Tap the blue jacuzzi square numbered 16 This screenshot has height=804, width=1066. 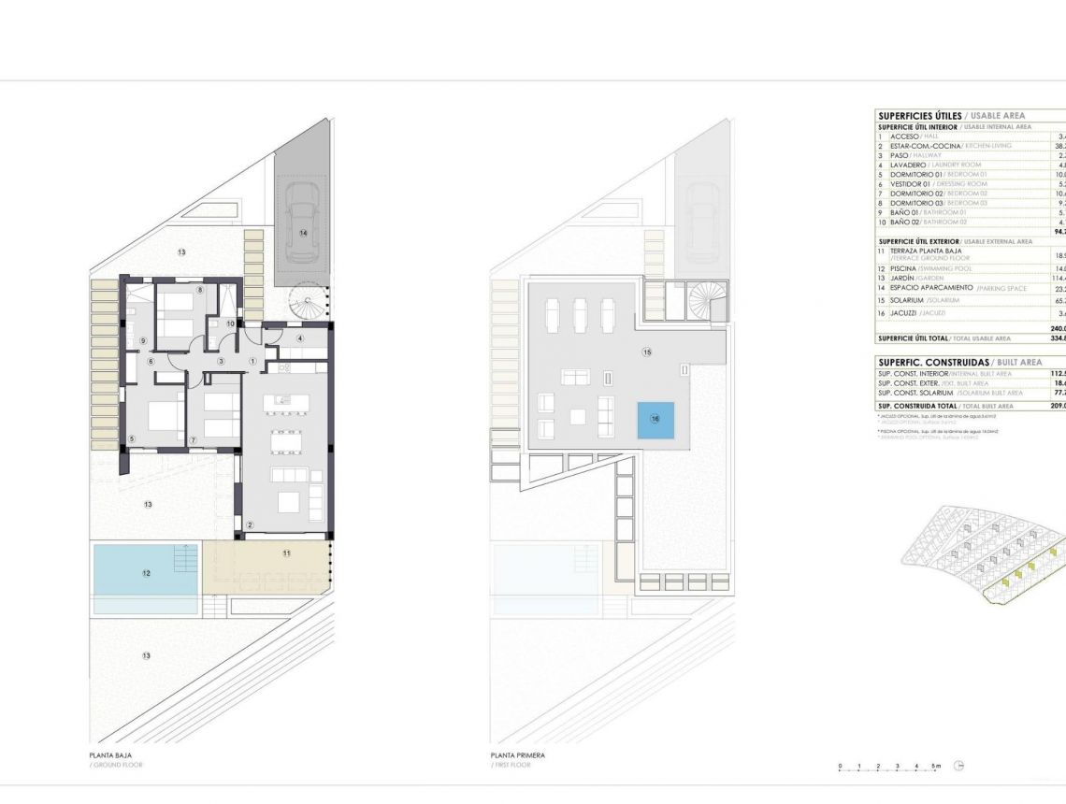tap(655, 419)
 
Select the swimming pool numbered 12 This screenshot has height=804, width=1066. tap(145, 573)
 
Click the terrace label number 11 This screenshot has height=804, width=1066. tap(286, 553)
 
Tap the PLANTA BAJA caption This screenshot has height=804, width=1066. tap(110, 755)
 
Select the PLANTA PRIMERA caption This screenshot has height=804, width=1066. tap(517, 755)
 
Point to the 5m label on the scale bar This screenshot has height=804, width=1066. tap(937, 766)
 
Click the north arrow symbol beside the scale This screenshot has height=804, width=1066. tap(959, 766)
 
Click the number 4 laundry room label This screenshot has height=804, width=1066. tap(300, 337)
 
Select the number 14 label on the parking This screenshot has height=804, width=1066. tap(303, 232)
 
